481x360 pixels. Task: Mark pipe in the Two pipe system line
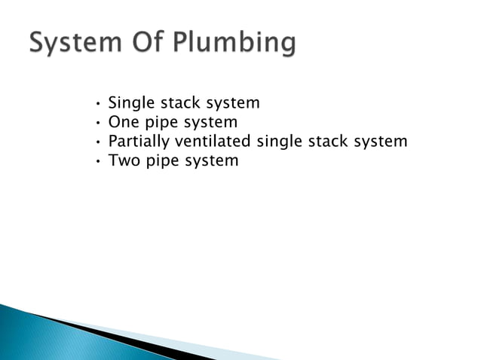[x=165, y=160]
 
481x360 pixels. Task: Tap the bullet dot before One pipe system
[x=98, y=123]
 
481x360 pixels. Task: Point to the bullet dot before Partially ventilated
[x=98, y=142]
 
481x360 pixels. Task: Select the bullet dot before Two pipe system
[x=98, y=160]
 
